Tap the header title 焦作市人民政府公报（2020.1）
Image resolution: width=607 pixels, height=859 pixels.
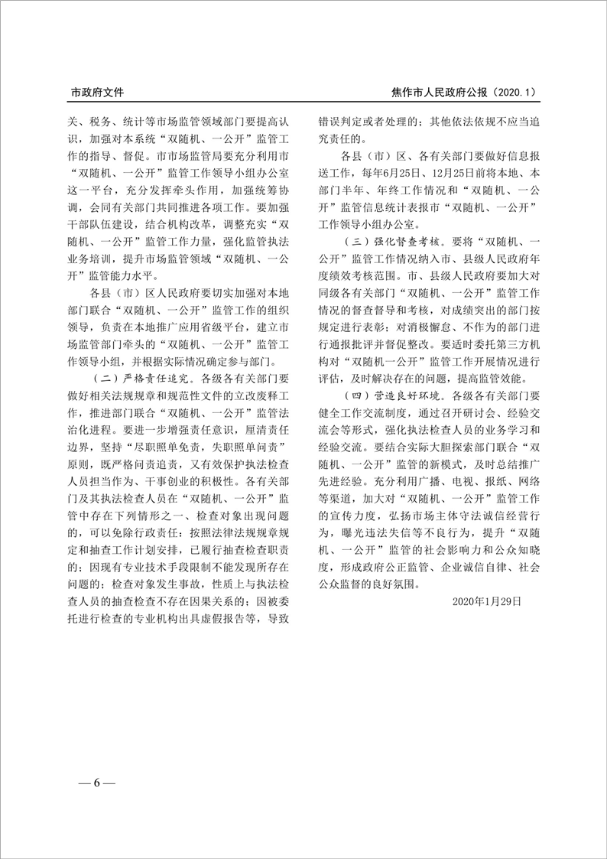click(x=463, y=92)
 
